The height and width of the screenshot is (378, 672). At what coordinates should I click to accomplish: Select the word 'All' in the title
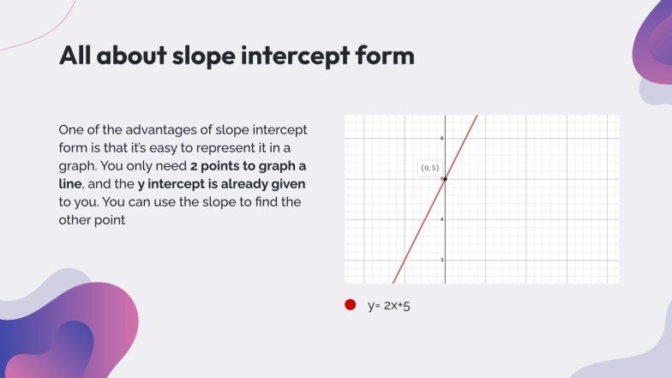coord(75,55)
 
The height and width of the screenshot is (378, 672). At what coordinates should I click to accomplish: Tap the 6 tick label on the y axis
coord(442,138)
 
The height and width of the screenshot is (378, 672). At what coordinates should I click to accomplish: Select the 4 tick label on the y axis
coord(442,219)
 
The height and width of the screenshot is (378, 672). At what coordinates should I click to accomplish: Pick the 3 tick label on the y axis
coord(442,260)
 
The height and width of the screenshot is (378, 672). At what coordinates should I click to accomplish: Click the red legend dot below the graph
coord(350,305)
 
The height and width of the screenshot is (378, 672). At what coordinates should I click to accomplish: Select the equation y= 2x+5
coord(389,305)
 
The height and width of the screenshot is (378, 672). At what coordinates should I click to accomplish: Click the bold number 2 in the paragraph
coord(194,166)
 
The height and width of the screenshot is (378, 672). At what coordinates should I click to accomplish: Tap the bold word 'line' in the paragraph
coord(70,183)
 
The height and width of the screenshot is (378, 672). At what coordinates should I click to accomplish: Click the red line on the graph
coord(435,199)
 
